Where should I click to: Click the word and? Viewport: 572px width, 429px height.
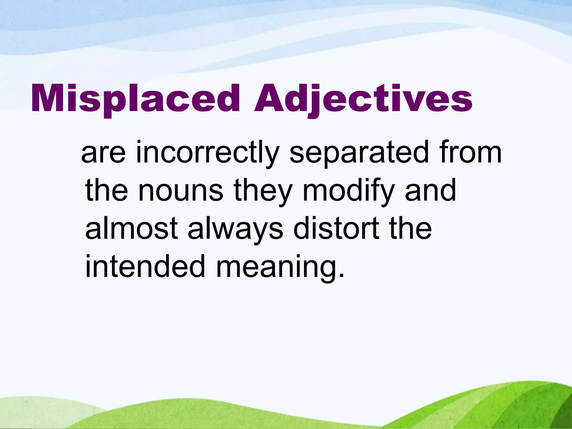(430, 190)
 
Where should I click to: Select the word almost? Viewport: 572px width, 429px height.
(131, 229)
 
